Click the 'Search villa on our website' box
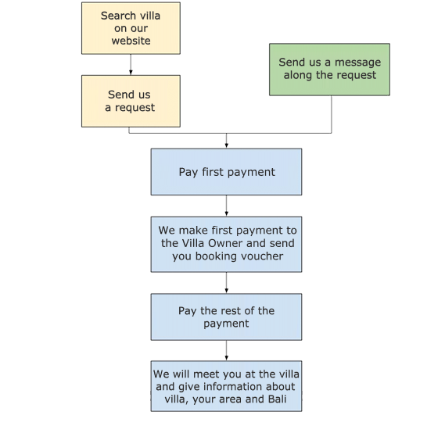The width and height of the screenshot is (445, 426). [x=131, y=28]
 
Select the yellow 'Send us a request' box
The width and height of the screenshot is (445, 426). [x=131, y=101]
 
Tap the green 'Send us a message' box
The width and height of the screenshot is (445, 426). [x=329, y=70]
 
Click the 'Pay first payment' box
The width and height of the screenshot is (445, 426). [x=226, y=172]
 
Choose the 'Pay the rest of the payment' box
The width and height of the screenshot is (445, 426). [x=226, y=317]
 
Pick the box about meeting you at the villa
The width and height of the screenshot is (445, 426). [x=226, y=386]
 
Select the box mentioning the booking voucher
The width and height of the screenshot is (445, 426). [x=226, y=244]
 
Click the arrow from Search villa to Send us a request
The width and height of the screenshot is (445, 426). [x=131, y=65]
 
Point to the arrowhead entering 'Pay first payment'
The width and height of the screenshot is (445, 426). [x=226, y=146]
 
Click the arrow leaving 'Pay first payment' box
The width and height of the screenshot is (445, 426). [x=226, y=206]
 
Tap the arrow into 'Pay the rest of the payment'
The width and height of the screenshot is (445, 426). [x=226, y=283]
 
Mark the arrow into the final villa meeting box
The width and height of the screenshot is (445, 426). [x=226, y=350]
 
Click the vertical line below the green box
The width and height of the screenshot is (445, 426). [x=332, y=114]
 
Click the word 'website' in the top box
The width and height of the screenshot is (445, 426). [x=131, y=41]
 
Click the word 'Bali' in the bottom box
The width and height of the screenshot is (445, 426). [x=277, y=399]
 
